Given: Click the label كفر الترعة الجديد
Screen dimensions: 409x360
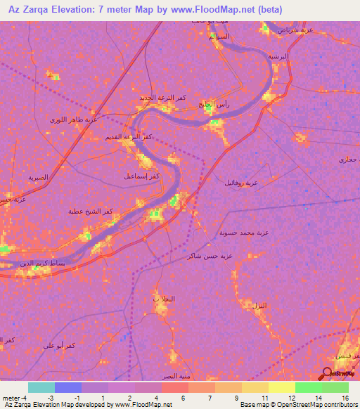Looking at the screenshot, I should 164,98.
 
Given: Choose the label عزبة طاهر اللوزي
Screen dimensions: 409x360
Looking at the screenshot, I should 73,119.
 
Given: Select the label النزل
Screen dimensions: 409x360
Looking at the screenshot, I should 259,306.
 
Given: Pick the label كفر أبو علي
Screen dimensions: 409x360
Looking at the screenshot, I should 59,345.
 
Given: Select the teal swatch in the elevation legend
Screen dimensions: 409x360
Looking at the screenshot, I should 41,387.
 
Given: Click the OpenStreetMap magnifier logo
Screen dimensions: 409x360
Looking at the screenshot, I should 327,373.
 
